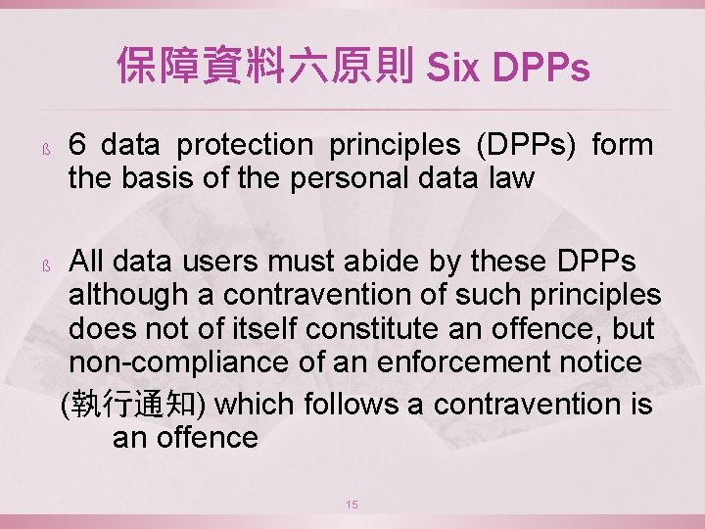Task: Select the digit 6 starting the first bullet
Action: [x=78, y=145]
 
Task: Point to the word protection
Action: [x=252, y=145]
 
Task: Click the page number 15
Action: [x=352, y=504]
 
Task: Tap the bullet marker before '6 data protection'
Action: [x=45, y=149]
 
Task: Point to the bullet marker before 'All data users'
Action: [x=45, y=265]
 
